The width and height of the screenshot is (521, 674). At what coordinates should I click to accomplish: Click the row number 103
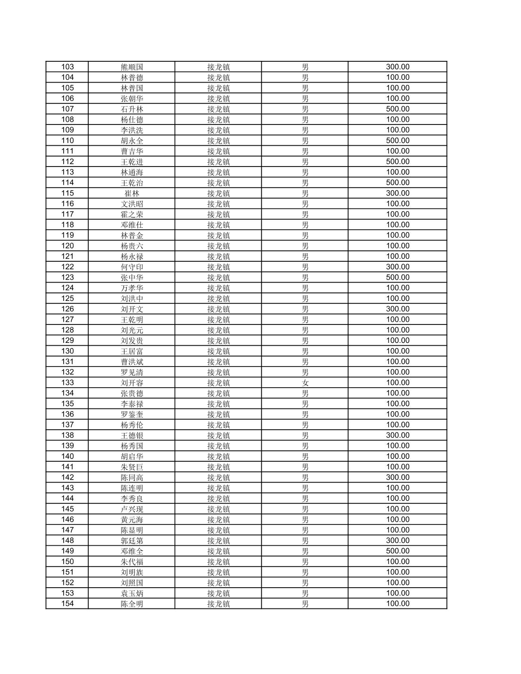click(67, 67)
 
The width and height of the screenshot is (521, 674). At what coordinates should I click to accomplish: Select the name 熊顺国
click(132, 67)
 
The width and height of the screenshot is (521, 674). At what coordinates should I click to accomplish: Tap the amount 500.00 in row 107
click(397, 109)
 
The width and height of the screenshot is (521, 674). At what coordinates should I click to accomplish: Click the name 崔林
click(132, 193)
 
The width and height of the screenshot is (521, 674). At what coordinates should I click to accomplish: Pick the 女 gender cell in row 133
click(305, 383)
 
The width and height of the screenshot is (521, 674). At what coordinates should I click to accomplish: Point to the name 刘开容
click(132, 383)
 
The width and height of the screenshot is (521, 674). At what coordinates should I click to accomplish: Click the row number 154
click(67, 604)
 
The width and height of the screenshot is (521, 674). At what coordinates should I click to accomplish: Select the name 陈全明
click(132, 604)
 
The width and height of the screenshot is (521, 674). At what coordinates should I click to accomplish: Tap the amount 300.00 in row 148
click(397, 541)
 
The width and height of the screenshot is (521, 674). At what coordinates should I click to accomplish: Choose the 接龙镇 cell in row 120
click(218, 246)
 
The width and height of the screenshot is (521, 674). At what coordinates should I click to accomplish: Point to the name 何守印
click(132, 267)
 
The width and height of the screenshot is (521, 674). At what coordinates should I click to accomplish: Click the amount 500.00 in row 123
click(397, 277)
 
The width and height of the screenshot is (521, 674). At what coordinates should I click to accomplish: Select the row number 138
click(67, 435)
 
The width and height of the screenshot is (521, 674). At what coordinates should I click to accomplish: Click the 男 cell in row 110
click(305, 141)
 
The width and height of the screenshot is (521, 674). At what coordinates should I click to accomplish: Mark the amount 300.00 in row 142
click(397, 477)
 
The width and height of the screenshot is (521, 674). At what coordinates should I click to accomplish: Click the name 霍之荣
click(132, 214)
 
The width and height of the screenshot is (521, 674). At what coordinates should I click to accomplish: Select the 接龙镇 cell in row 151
click(218, 572)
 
